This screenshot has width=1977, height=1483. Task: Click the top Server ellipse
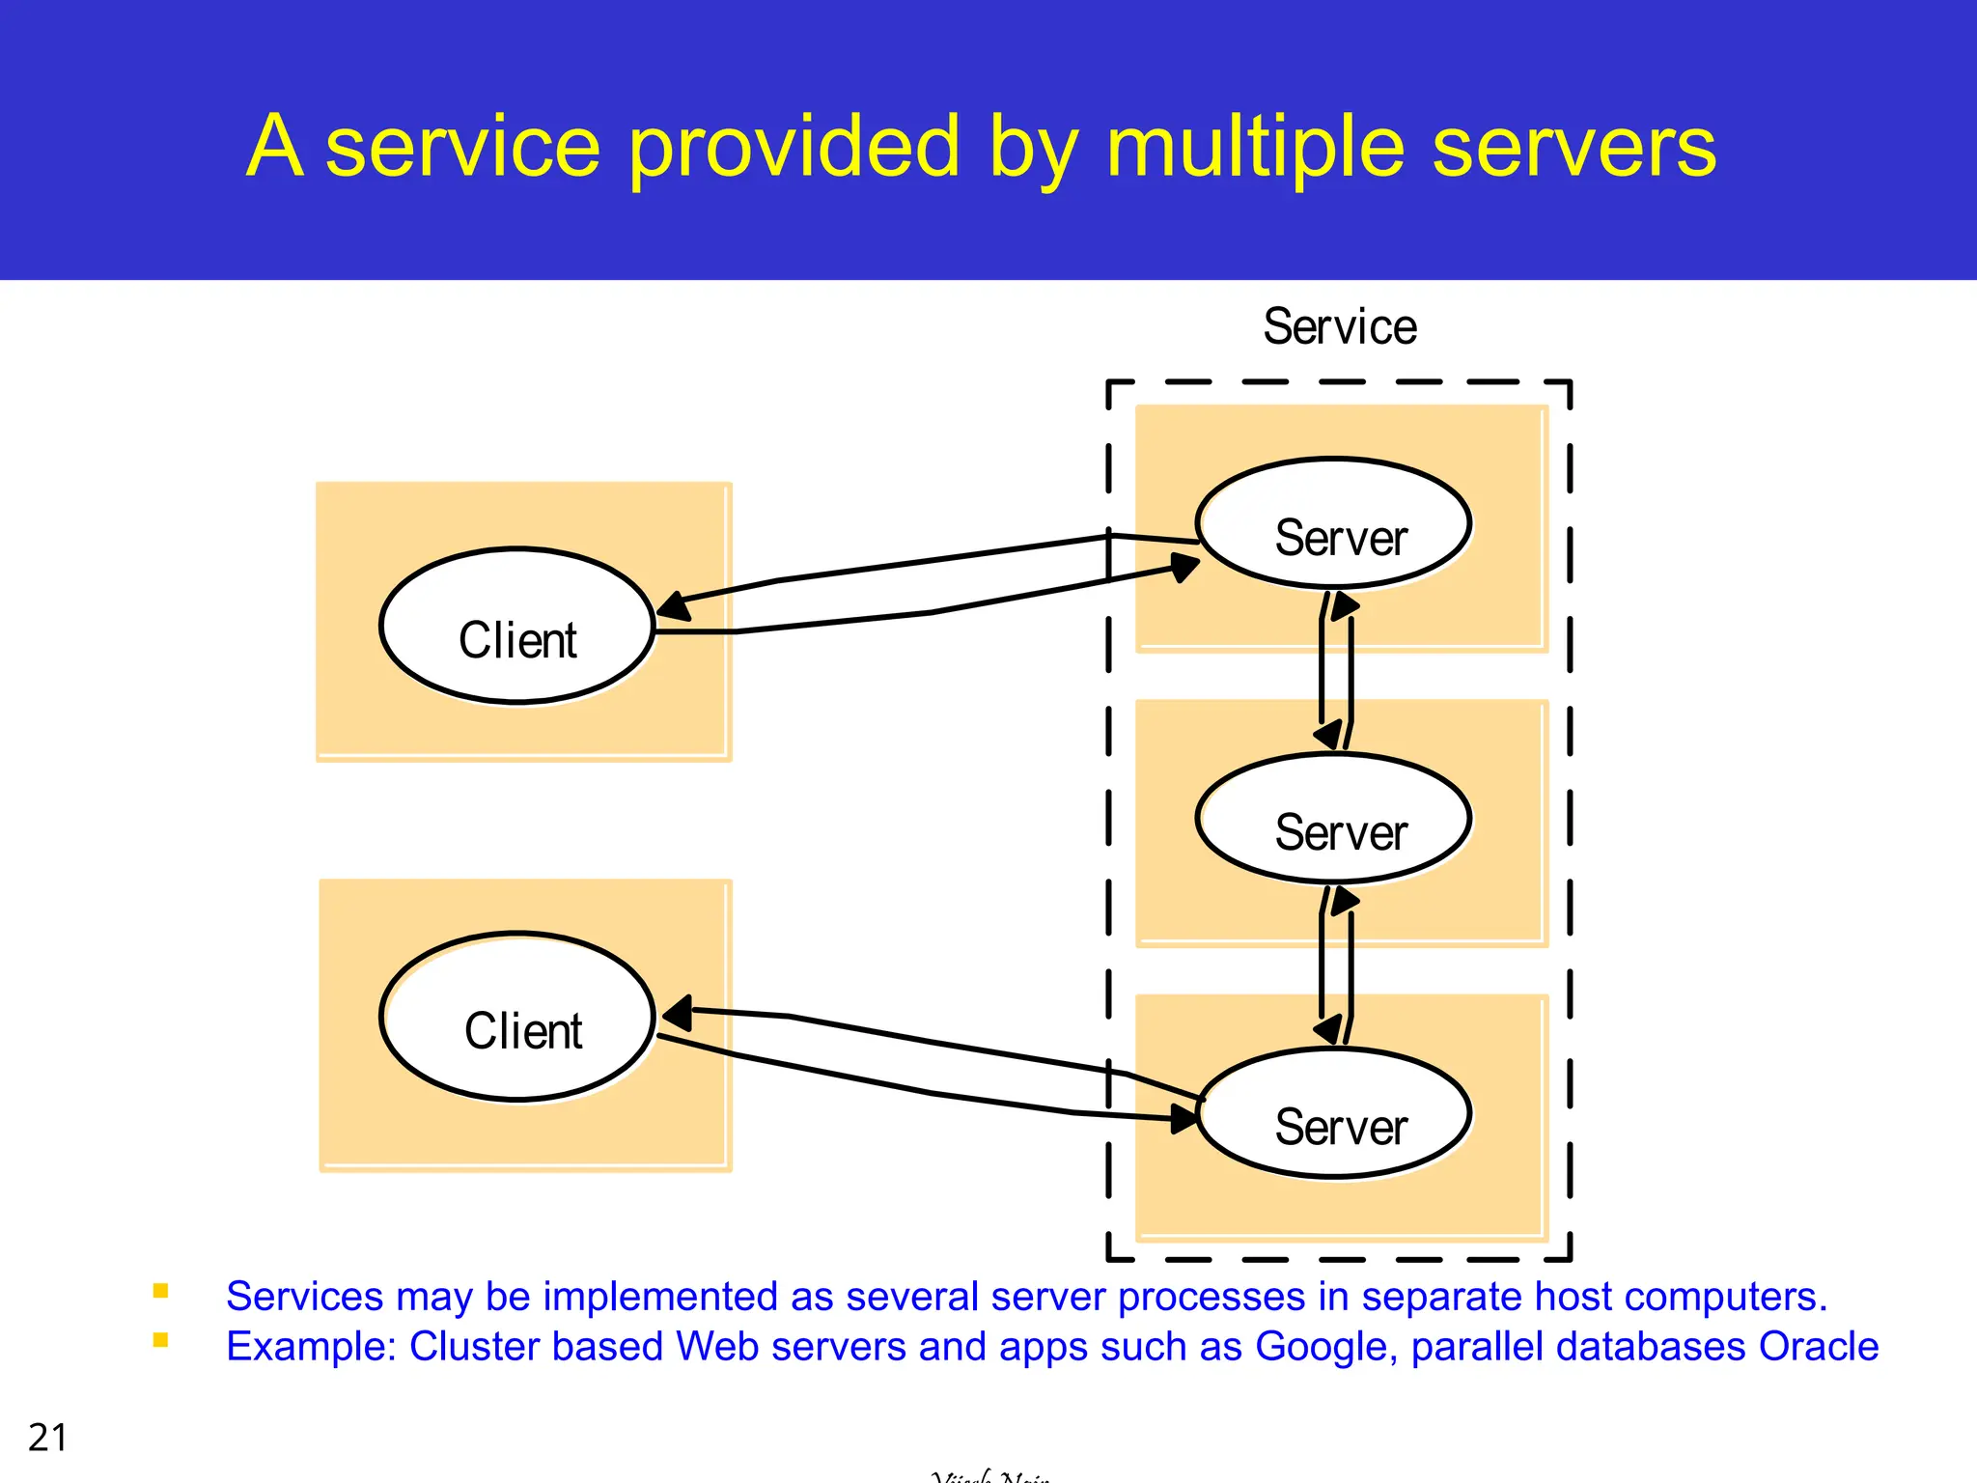tap(1333, 523)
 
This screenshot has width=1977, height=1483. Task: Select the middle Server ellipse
tap(1333, 819)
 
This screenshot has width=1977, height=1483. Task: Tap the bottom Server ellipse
tap(1333, 1113)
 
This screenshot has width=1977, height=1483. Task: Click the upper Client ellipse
tap(517, 626)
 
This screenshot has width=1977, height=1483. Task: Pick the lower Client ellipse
tap(517, 1017)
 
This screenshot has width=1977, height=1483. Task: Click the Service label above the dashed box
tap(1339, 326)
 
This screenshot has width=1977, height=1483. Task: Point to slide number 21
tap(47, 1438)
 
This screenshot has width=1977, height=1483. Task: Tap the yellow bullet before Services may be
tap(161, 1291)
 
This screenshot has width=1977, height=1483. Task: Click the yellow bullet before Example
tap(161, 1340)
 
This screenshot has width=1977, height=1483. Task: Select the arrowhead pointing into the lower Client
tap(678, 1013)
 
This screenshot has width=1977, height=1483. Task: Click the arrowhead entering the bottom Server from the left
tap(1184, 1119)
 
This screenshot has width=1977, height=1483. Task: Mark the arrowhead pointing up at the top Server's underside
tap(1345, 605)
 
